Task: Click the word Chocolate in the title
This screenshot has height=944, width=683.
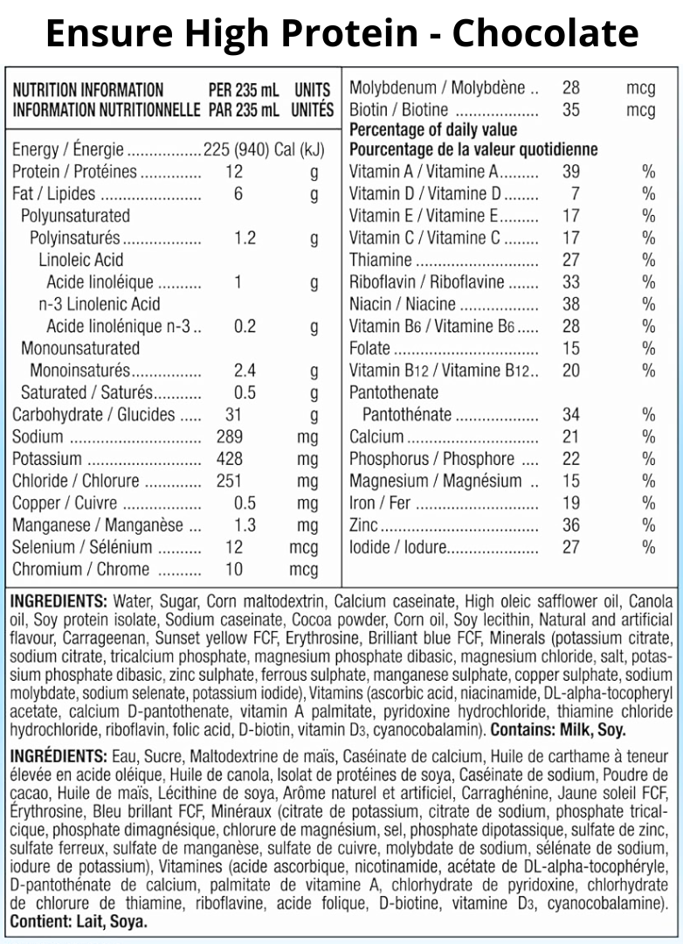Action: [545, 33]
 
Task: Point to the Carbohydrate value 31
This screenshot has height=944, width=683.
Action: [232, 415]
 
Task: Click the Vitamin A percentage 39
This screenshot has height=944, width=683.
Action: [570, 171]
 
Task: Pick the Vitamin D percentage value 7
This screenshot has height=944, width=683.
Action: [575, 193]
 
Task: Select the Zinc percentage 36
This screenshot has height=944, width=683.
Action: [570, 525]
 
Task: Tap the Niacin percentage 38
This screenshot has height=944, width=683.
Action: [570, 304]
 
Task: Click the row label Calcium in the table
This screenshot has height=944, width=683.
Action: [376, 437]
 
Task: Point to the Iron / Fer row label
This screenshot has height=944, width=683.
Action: [380, 503]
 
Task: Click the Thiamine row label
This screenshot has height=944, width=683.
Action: [380, 260]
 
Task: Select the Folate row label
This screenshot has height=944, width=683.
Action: [370, 349]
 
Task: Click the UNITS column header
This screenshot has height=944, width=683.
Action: [313, 90]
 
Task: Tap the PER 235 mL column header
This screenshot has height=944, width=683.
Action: [244, 90]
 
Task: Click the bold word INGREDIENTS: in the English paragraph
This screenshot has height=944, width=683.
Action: [57, 602]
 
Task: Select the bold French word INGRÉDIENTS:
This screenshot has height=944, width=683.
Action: [57, 755]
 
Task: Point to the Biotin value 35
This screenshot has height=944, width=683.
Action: [570, 110]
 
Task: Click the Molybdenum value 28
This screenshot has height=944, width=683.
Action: [570, 88]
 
